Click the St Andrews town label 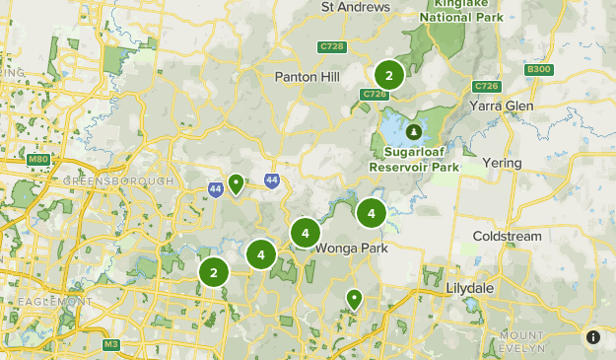[356, 8]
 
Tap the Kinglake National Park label [461, 11]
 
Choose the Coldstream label [507, 237]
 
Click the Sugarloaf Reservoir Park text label [415, 161]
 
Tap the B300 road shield [539, 70]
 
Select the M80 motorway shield [38, 159]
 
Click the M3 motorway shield [110, 344]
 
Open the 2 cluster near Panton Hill [388, 75]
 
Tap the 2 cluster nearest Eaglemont [214, 273]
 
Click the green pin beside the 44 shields [236, 183]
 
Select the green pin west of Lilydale [353, 298]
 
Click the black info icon [593, 337]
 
